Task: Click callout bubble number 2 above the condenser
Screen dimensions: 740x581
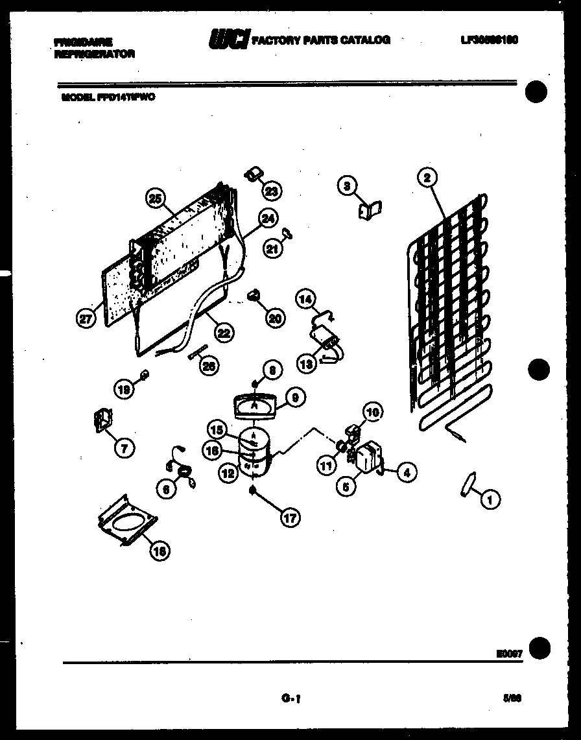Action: click(427, 177)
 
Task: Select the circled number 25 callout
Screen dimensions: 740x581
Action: click(155, 199)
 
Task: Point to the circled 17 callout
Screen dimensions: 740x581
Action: click(290, 518)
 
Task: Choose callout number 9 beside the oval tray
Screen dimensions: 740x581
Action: click(294, 398)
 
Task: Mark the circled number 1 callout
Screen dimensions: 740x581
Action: click(490, 499)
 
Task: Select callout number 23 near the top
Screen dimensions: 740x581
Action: click(272, 191)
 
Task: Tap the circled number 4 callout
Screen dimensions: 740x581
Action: click(407, 473)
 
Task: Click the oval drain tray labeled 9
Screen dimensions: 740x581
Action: click(254, 406)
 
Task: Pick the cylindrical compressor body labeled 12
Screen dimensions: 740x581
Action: click(254, 454)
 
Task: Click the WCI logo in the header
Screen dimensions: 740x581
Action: click(228, 40)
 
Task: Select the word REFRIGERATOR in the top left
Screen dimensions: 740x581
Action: click(95, 54)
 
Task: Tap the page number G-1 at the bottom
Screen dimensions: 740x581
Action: click(289, 698)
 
